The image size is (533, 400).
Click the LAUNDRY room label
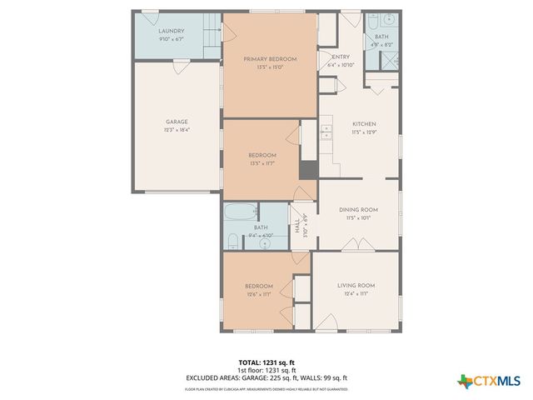pyautogui.click(x=171, y=31)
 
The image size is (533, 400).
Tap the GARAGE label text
pyautogui.click(x=175, y=122)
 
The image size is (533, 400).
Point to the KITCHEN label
pyautogui.click(x=363, y=123)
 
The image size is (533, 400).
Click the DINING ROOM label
pyautogui.click(x=359, y=209)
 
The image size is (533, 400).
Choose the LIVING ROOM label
pyautogui.click(x=356, y=286)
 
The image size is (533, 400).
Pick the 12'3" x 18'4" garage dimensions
pyautogui.click(x=175, y=130)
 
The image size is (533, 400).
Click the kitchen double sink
pyautogui.click(x=327, y=131)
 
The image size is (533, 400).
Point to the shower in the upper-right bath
pyautogui.click(x=387, y=61)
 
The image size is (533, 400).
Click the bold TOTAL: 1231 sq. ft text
pyautogui.click(x=268, y=362)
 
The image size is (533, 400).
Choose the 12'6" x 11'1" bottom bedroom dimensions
pyautogui.click(x=259, y=294)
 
